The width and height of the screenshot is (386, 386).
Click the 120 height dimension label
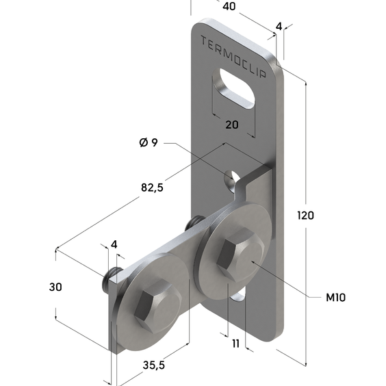click(305, 216)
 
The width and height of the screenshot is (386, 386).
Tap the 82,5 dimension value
click(152, 188)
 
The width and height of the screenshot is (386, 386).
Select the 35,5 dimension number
click(153, 365)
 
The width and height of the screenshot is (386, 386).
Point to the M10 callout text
click(335, 298)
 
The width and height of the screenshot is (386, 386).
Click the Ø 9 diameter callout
click(149, 142)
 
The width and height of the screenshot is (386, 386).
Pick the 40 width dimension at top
click(229, 6)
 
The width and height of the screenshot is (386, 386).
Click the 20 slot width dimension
click(232, 125)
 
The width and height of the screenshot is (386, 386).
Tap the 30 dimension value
click(55, 287)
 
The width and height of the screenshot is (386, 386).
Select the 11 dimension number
click(235, 344)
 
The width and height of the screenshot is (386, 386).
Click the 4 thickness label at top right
click(279, 26)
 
